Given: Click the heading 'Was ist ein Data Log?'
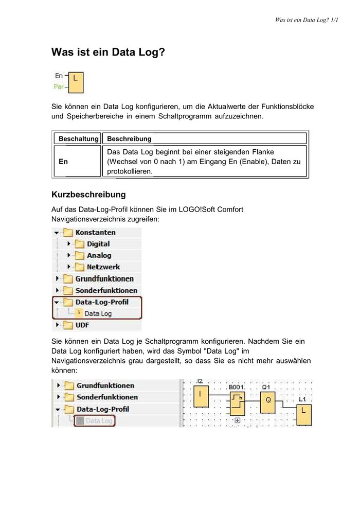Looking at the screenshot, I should coord(108,52).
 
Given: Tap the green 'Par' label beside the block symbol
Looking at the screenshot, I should coord(59,87).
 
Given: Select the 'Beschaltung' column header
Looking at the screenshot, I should coord(78,138).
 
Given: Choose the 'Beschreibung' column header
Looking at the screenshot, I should coord(129,138).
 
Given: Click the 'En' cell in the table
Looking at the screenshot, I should coord(63,162).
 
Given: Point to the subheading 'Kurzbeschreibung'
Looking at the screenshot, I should coord(88,195).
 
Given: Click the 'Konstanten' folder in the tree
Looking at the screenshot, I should coord(95,233).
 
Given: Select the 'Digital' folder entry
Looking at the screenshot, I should coord(98,244).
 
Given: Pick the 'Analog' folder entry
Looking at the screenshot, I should coord(98,255).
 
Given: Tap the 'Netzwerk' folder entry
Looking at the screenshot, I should coord(103,267).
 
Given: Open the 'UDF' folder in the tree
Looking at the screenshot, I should coord(82,325).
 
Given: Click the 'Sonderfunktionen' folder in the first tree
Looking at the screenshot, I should coord(106,290).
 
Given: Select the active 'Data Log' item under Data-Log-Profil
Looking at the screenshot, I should coord(98,313).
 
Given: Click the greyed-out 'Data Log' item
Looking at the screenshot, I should coord(98,421).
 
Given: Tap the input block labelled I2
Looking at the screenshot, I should coord(200,394).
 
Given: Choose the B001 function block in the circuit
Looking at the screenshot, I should coord(237,402).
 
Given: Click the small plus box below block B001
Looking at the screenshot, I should coord(237,420).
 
